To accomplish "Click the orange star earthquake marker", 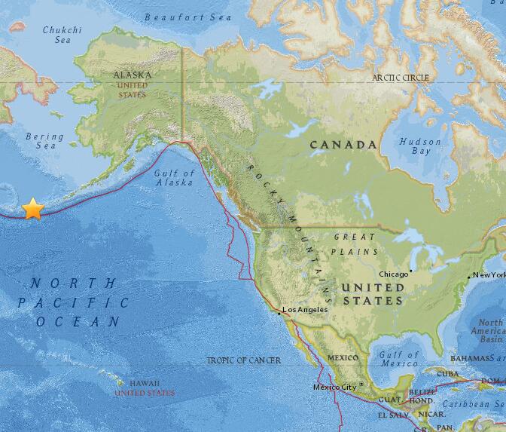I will pyautogui.click(x=32, y=209).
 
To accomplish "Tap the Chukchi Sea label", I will pyautogui.click(x=62, y=35).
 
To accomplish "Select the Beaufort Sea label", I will pyautogui.click(x=178, y=17).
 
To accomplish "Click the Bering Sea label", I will pyautogui.click(x=45, y=141).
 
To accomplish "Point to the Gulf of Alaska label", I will pyautogui.click(x=175, y=177).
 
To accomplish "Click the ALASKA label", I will pyautogui.click(x=132, y=75).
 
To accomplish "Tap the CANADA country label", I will pyautogui.click(x=344, y=144).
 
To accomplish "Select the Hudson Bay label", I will pyautogui.click(x=415, y=146).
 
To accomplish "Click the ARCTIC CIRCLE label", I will pyautogui.click(x=401, y=78).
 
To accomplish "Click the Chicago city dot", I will pyautogui.click(x=410, y=270).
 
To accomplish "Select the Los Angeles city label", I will pyautogui.click(x=304, y=310).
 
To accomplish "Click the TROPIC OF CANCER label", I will pyautogui.click(x=244, y=360).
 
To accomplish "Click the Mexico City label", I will pyautogui.click(x=334, y=388).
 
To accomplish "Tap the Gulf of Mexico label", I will pyautogui.click(x=398, y=359).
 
